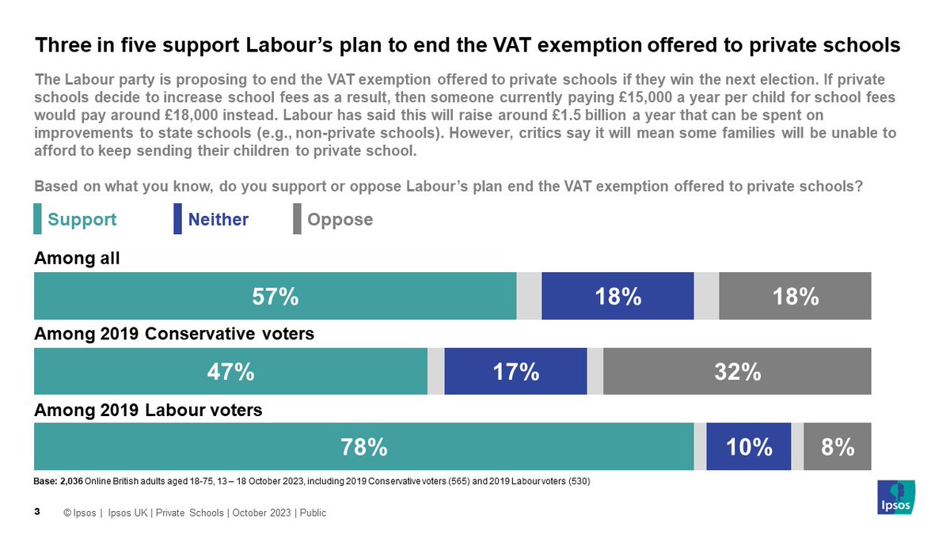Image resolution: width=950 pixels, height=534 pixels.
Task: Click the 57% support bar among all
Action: [275, 296]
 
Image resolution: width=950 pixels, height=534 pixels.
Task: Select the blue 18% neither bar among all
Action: [617, 296]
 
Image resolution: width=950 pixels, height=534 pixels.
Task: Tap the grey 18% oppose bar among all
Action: [795, 296]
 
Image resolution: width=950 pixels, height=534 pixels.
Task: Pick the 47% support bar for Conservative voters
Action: [230, 371]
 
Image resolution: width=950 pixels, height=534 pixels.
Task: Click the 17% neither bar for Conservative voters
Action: [515, 371]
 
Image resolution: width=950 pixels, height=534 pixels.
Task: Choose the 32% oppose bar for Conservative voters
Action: [737, 371]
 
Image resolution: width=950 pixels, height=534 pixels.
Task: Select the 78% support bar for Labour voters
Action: [363, 447]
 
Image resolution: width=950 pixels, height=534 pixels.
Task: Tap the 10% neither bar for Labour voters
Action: [749, 447]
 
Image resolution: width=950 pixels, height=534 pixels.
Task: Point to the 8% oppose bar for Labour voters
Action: [837, 447]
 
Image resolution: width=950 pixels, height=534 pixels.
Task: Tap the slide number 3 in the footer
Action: [37, 512]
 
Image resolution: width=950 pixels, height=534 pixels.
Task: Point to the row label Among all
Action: [77, 258]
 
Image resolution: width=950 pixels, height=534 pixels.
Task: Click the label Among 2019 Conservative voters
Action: [174, 334]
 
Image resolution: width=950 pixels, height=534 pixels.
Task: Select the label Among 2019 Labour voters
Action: [148, 410]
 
